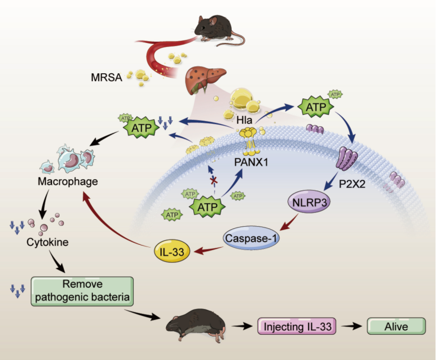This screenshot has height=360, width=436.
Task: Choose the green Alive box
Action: point(395,326)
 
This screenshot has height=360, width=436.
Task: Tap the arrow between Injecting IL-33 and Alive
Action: point(351,326)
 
